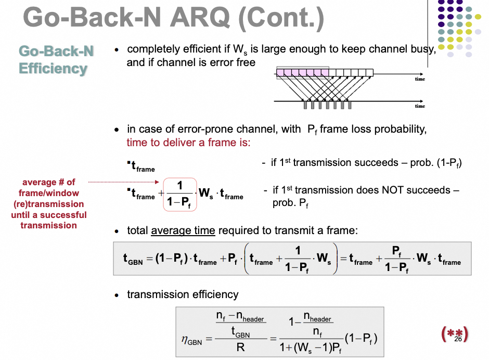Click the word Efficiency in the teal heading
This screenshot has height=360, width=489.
click(x=53, y=69)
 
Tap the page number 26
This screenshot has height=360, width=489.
click(x=458, y=339)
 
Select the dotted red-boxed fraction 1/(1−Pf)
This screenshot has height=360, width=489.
click(x=179, y=194)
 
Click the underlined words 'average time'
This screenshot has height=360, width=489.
click(x=183, y=230)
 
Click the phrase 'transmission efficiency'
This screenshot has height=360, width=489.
click(x=183, y=294)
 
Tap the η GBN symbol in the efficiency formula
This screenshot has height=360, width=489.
click(x=191, y=341)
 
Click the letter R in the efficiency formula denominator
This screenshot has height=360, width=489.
click(x=240, y=346)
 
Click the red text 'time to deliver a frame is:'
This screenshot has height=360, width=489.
click(x=188, y=142)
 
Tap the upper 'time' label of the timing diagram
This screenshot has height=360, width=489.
click(x=420, y=79)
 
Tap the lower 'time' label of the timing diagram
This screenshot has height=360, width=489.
click(x=420, y=106)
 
